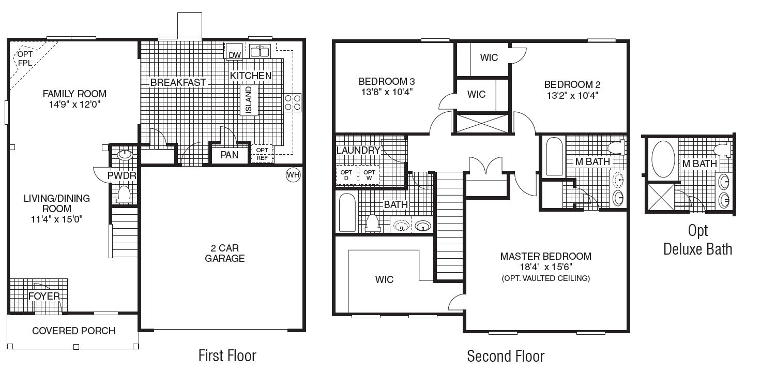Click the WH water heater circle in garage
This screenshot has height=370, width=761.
coord(293,175)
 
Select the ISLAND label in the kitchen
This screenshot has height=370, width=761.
coord(249,100)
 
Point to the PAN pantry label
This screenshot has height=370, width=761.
coord(229,155)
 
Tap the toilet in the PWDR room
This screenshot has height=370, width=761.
coord(124,194)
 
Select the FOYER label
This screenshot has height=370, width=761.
coord(44,297)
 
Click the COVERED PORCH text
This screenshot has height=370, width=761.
coord(73,331)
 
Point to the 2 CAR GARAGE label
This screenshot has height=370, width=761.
coord(224,253)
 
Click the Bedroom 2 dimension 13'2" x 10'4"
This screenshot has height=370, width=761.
coord(572,95)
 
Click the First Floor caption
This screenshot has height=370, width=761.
coord(227,356)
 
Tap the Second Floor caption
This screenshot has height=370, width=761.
coord(505,356)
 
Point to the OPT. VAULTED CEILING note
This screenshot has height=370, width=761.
coord(545,278)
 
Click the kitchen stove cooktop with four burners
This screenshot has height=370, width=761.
coord(293,102)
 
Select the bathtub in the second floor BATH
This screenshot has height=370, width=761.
coord(346,213)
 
